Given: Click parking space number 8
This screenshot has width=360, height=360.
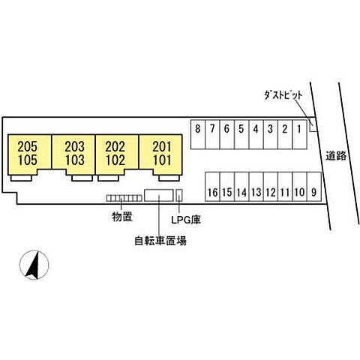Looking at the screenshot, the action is (198, 134).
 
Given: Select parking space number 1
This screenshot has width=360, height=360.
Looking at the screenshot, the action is (299, 134).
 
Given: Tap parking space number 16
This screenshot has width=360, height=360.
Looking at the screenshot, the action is (212, 187).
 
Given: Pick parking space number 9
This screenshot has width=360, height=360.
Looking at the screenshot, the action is (314, 187).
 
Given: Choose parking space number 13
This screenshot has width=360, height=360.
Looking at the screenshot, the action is (256, 187).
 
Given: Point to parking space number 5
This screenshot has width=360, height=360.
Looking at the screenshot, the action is (241, 134).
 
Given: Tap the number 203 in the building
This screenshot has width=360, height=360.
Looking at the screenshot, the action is (74, 147).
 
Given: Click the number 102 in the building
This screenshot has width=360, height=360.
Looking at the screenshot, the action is (115, 160).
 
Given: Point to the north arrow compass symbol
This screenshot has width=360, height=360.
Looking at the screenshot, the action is (34, 265).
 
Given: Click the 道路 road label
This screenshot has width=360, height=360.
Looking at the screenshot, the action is (336, 156).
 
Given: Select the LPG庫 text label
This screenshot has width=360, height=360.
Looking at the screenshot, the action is (186, 220).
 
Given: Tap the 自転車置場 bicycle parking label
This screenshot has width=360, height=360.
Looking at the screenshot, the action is (160, 241).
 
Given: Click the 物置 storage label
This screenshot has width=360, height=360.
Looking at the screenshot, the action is (122, 217).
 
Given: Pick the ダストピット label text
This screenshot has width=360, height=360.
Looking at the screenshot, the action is (283, 95).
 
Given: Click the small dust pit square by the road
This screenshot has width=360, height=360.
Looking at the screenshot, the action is (313, 127).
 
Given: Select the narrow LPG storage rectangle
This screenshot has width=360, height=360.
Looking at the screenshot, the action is (179, 195).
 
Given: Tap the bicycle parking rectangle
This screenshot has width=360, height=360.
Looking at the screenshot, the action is (159, 195).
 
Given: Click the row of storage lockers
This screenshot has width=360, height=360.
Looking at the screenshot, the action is (124, 198).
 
